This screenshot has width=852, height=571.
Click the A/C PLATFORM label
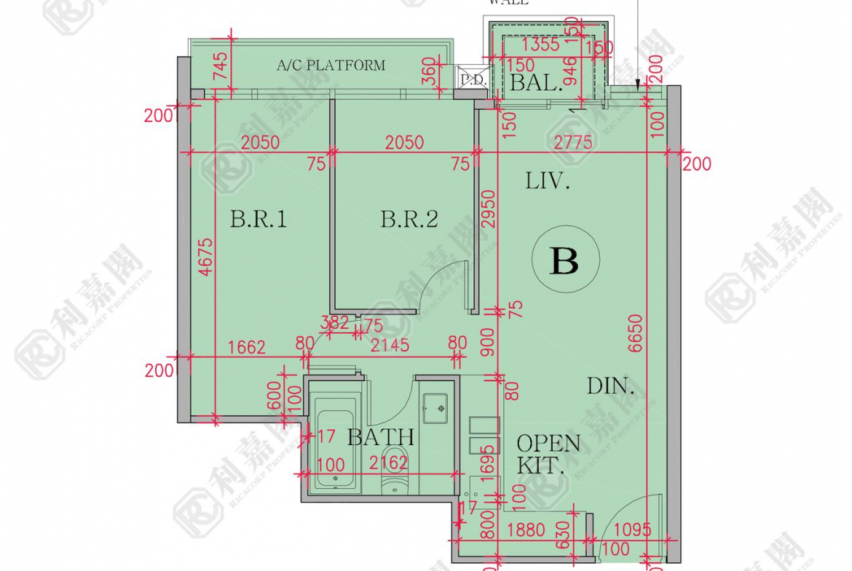click(x=331, y=65)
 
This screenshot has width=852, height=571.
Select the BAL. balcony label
click(x=536, y=83)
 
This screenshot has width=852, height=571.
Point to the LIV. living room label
click(x=548, y=181)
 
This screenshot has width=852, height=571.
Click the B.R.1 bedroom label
click(x=259, y=219)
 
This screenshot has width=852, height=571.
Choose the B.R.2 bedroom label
click(x=409, y=219)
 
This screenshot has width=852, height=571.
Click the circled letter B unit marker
click(x=565, y=260)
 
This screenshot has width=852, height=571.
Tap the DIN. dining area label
click(x=611, y=386)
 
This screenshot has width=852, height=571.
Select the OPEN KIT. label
click(x=548, y=454)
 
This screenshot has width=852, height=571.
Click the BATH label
click(x=380, y=437)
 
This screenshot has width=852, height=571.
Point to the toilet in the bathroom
click(x=396, y=473)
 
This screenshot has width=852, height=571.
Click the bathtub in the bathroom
click(x=334, y=444)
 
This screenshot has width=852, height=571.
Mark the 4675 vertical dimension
click(x=206, y=257)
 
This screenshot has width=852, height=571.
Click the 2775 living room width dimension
click(x=572, y=143)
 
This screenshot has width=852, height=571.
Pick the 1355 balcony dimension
click(x=540, y=44)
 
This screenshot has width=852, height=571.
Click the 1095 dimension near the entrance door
click(x=631, y=530)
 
